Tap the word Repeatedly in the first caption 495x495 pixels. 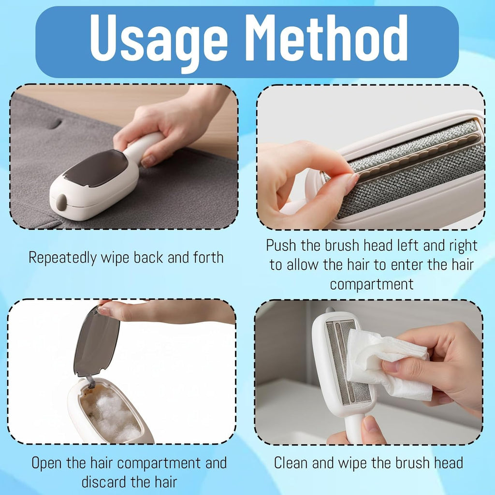click(x=62, y=258)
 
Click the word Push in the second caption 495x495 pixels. click(x=281, y=245)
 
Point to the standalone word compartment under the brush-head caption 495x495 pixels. click(x=372, y=285)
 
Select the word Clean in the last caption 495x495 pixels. click(x=291, y=463)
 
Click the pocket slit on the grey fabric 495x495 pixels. click(x=56, y=123)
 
